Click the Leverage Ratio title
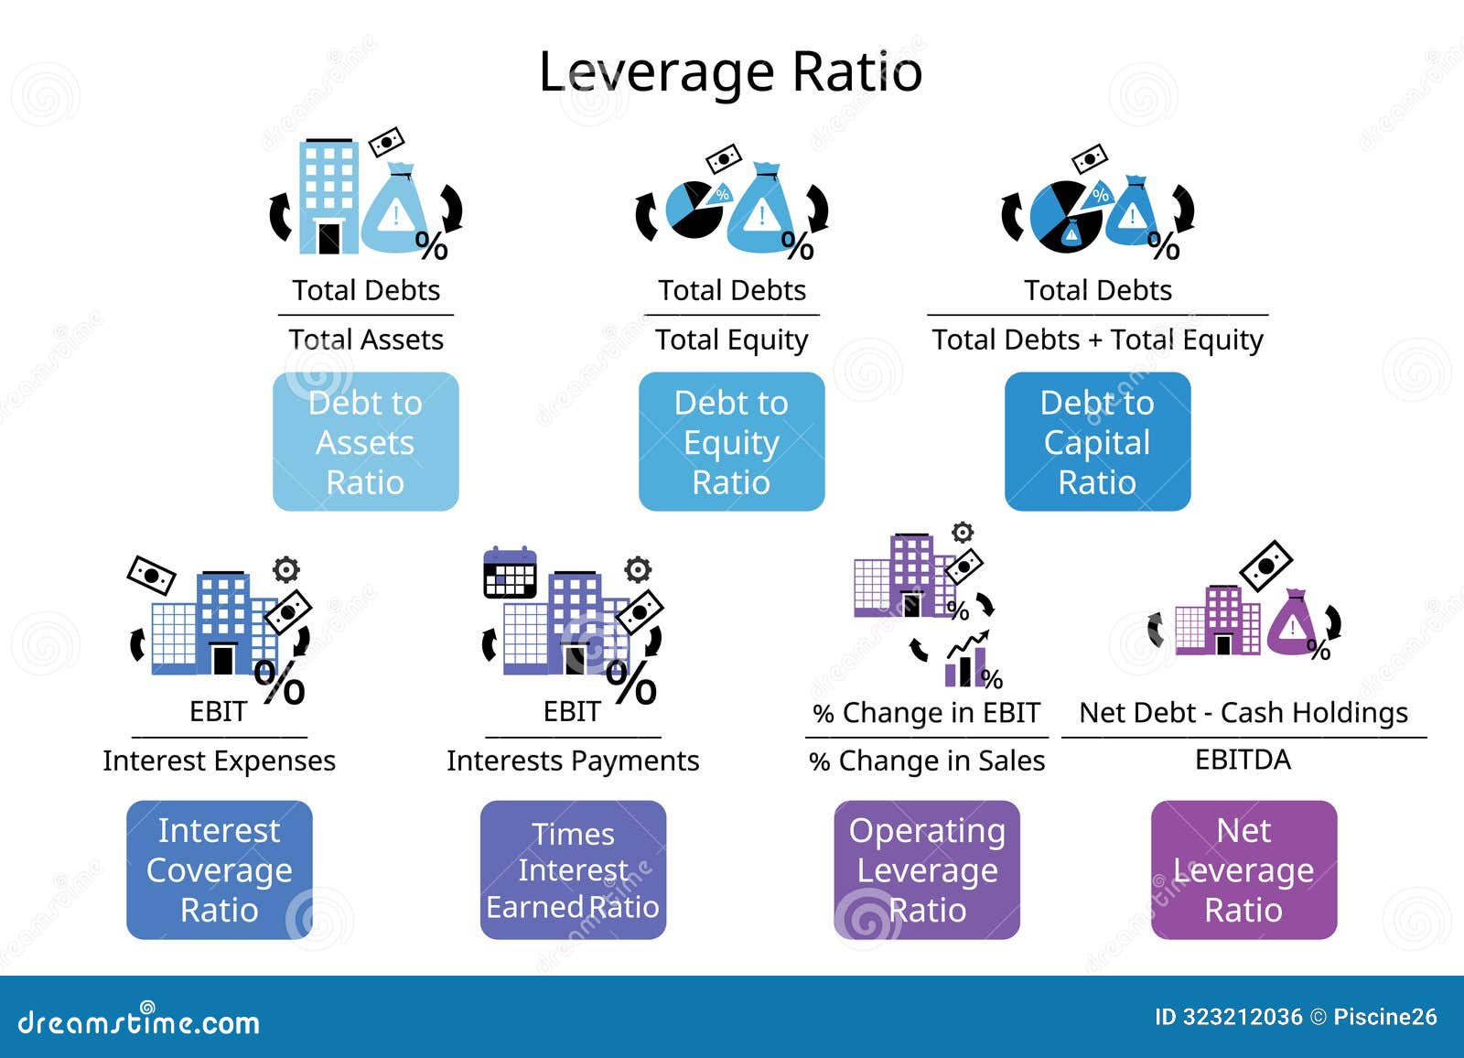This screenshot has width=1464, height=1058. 730,71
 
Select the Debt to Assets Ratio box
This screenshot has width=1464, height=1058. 365,441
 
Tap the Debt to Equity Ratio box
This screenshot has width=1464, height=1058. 731,441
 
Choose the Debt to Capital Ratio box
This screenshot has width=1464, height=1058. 1097,441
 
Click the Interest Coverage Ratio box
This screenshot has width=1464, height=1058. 219,869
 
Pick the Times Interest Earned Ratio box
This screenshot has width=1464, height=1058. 573,869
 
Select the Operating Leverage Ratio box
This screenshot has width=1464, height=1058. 927,869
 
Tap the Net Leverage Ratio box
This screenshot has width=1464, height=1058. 1243,869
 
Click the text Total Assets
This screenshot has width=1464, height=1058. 366,340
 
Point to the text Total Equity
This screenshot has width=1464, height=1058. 732,340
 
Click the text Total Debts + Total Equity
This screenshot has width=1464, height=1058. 1097,340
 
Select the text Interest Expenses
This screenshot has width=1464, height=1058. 219,761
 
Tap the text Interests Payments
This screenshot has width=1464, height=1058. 573,761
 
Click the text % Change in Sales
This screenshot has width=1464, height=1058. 927,761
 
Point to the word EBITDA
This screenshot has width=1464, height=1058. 1243,760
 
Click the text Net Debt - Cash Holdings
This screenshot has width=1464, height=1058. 1243,712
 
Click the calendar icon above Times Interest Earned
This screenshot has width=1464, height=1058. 510,573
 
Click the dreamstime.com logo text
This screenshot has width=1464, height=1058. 139,1021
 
